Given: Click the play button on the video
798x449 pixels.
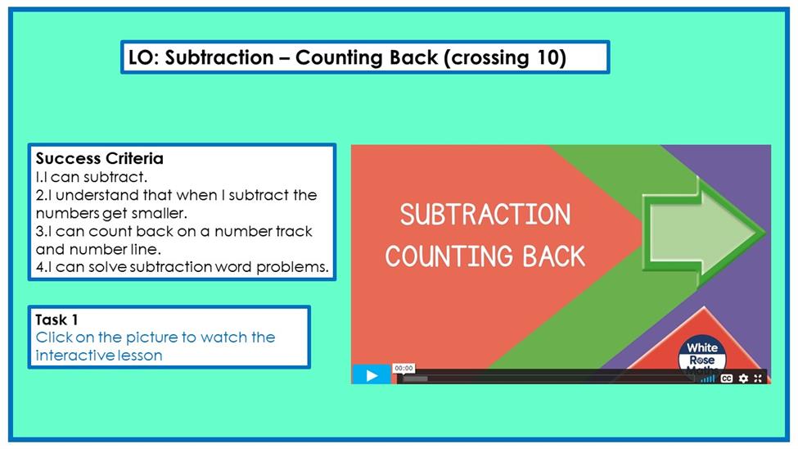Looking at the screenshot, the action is point(372,375).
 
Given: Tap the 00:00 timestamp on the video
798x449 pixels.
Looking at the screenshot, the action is point(404,368).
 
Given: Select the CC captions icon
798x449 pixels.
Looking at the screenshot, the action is point(727,379).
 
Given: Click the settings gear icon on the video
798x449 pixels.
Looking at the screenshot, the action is point(743,379).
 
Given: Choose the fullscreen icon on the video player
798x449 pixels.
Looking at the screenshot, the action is point(758,379).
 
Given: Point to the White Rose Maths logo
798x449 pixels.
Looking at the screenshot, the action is point(702,356).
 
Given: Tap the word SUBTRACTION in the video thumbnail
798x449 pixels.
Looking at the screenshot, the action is point(485,215).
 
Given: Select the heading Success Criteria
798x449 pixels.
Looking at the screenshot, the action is point(100,158).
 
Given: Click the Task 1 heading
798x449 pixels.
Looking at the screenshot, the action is point(56,320).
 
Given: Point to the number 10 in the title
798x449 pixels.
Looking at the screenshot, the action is point(548,57).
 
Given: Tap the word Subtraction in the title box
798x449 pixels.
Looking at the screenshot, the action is point(219,57).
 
